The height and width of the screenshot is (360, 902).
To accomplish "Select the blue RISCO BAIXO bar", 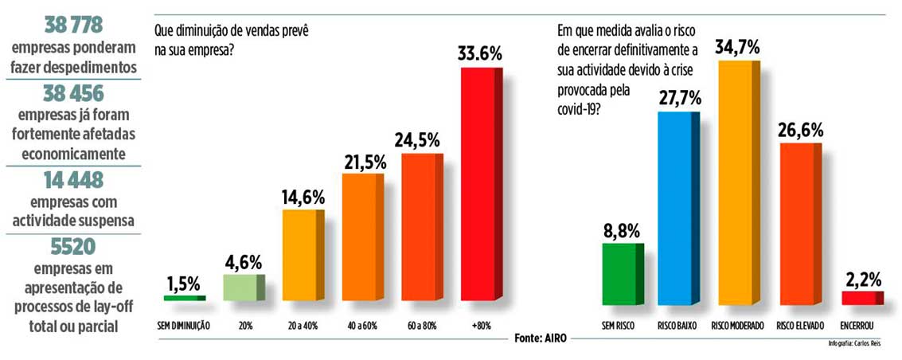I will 677,208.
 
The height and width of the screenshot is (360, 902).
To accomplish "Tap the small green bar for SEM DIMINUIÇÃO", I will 184,298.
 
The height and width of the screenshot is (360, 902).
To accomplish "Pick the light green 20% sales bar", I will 243,288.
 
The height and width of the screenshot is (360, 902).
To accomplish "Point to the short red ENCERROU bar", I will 861,298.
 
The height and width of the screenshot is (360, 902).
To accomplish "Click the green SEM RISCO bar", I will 620,274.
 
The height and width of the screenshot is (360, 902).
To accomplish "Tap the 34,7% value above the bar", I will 735,46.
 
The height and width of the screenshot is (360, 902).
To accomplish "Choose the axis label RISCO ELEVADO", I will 799,327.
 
